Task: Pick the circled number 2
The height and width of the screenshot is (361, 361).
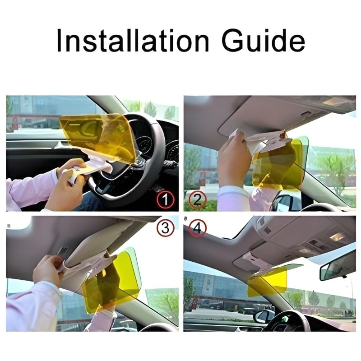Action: click(197, 199)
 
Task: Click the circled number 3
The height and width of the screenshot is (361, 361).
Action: click(165, 228)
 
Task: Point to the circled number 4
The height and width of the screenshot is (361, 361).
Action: click(197, 228)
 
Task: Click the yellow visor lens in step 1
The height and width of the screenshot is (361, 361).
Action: click(97, 133)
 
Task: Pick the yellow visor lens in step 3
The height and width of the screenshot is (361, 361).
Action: click(111, 280)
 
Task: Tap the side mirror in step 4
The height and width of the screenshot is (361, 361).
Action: click(264, 316)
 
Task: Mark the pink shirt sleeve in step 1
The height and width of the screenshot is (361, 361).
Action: click(27, 190)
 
